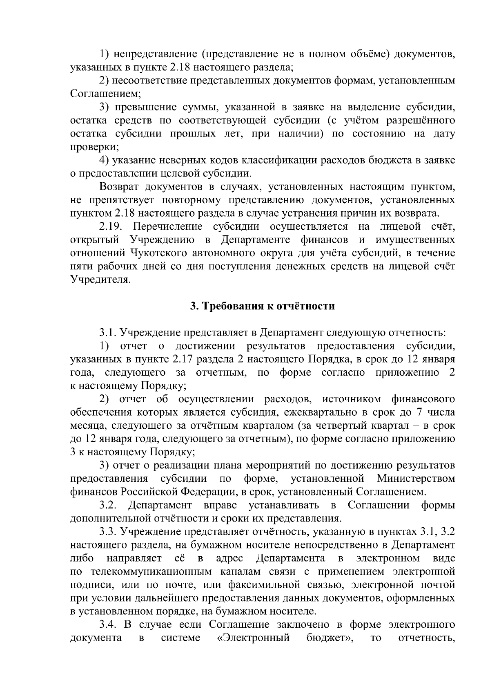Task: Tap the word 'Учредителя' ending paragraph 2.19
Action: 100,280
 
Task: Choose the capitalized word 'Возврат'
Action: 118,187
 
